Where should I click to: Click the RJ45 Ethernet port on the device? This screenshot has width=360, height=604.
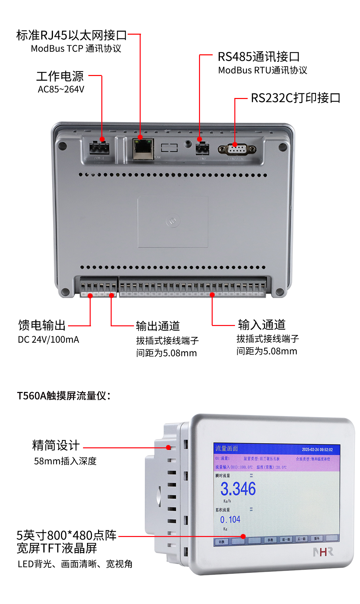143,149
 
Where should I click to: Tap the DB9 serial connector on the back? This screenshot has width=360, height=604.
237,149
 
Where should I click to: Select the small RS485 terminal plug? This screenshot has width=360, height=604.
202,148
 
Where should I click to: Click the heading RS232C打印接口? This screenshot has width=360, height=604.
295,98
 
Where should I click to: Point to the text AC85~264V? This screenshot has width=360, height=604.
61,89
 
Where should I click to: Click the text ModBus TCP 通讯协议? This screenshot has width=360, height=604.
76,49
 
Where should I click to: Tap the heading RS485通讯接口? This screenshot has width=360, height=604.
259,57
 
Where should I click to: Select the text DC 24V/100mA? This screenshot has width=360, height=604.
48,340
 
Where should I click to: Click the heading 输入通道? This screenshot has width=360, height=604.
262,325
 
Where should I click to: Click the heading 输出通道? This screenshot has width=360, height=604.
158,326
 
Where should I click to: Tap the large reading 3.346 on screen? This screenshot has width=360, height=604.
238,489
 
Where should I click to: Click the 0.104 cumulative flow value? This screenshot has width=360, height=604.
230,520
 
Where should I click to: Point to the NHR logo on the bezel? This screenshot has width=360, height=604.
323,552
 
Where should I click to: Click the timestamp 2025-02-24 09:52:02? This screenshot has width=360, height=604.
317,450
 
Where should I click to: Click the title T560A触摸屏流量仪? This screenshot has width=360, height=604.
63,396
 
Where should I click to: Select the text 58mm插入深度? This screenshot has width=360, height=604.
65,461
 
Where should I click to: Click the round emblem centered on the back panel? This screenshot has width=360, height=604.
173,221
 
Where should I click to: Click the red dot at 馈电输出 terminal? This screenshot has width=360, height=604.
90,296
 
